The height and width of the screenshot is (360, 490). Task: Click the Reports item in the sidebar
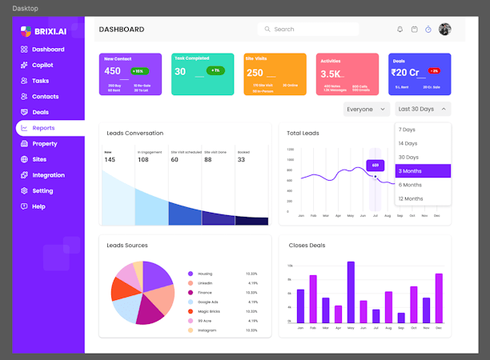pos(43,128)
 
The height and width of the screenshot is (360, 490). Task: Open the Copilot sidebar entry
pos(42,65)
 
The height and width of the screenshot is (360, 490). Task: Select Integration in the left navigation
pos(48,175)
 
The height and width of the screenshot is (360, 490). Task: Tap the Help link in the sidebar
pos(38,206)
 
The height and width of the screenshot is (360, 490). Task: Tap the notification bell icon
pos(400,30)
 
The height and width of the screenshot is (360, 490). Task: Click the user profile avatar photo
pos(445,29)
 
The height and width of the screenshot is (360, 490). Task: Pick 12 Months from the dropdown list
pos(411,198)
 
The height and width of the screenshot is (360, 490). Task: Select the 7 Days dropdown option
pos(408,130)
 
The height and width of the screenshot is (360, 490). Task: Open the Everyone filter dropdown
pos(366,109)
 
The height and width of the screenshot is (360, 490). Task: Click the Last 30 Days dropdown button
pos(423,109)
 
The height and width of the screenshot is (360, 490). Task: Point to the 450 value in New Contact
pos(113,71)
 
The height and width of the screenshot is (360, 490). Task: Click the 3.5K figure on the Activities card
pos(331,74)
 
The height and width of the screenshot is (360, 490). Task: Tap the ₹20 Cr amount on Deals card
pos(406,72)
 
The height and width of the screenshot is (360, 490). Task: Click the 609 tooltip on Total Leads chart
pos(375,166)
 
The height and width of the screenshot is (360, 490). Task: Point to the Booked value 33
pos(241,160)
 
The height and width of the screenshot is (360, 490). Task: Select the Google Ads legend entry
pos(208,302)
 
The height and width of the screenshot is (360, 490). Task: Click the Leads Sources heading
pos(127,246)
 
